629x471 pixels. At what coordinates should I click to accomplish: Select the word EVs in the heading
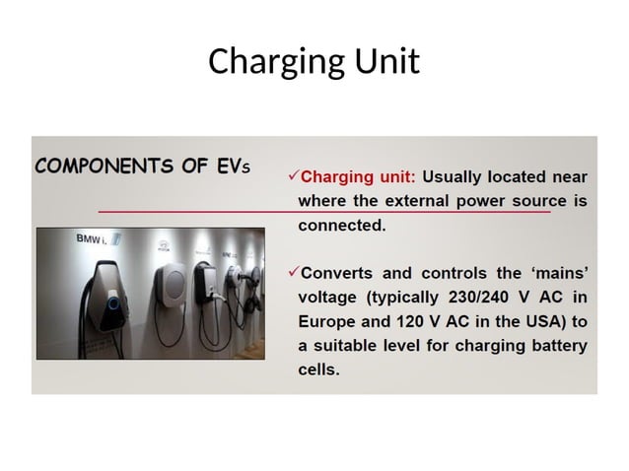(x=233, y=166)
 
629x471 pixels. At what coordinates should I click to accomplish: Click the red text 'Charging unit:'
(x=358, y=178)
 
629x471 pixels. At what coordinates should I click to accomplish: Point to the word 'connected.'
(x=341, y=226)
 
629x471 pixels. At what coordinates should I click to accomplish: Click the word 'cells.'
(x=318, y=370)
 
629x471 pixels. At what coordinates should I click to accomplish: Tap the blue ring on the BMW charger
(x=114, y=303)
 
